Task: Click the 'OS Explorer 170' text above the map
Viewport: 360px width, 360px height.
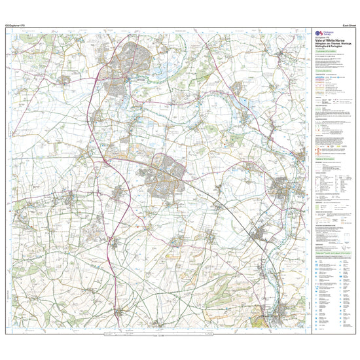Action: (x=14, y=26)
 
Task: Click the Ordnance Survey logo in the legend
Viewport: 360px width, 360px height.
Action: (x=322, y=34)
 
